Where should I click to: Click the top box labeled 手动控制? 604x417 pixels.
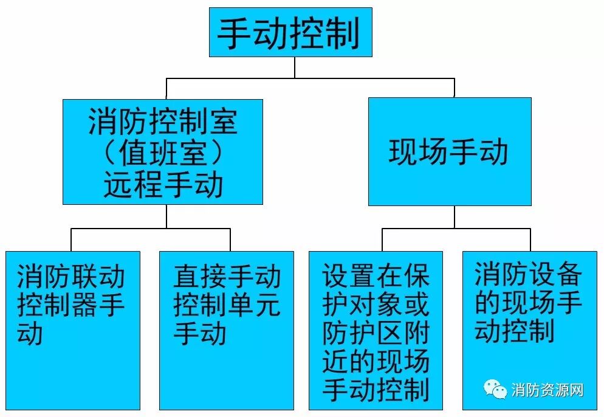tap(290, 32)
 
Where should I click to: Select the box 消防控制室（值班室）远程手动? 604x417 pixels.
tap(163, 151)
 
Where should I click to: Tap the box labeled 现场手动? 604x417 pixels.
tap(449, 151)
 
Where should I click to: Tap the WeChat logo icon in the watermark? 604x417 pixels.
tap(495, 389)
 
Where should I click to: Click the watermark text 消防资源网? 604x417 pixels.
tap(547, 390)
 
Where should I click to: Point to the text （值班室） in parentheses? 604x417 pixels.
tap(163, 153)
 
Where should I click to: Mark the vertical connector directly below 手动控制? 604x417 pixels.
tap(295, 67)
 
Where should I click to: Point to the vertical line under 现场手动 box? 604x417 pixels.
tap(454, 216)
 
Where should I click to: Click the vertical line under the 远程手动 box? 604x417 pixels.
tap(166, 216)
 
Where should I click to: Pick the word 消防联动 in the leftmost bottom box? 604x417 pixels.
tap(71, 277)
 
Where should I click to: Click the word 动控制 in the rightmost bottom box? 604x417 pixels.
tap(515, 332)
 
